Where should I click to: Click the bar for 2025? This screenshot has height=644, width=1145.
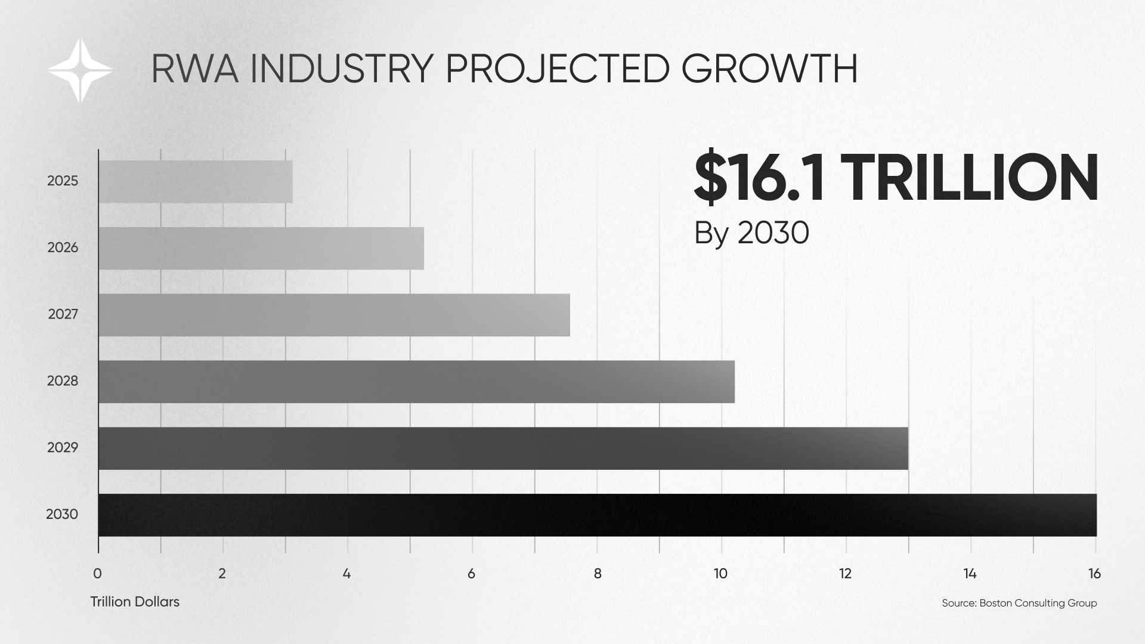click(x=196, y=181)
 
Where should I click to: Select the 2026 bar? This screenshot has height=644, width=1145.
click(x=261, y=248)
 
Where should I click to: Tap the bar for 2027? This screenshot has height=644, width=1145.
click(x=334, y=315)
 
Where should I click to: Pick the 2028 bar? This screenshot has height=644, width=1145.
click(x=416, y=382)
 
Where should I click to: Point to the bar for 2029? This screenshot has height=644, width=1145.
click(x=503, y=448)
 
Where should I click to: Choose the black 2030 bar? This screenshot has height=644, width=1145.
click(x=597, y=515)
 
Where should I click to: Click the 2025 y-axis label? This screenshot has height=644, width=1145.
click(x=63, y=181)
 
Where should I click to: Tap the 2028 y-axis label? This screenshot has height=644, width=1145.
click(x=63, y=381)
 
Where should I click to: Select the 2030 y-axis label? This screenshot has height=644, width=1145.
click(x=62, y=514)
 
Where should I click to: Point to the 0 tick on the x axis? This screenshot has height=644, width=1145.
click(x=98, y=574)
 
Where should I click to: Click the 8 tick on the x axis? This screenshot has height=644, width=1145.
click(x=597, y=574)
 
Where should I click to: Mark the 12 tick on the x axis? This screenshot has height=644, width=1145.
click(x=845, y=574)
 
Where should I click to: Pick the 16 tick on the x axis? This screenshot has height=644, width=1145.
click(x=1094, y=574)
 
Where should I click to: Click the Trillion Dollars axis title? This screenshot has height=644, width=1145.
click(x=135, y=602)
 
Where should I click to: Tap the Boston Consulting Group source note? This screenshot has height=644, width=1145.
click(x=1019, y=603)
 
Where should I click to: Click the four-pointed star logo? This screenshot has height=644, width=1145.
click(x=80, y=70)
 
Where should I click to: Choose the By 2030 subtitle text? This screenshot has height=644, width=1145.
click(x=751, y=233)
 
